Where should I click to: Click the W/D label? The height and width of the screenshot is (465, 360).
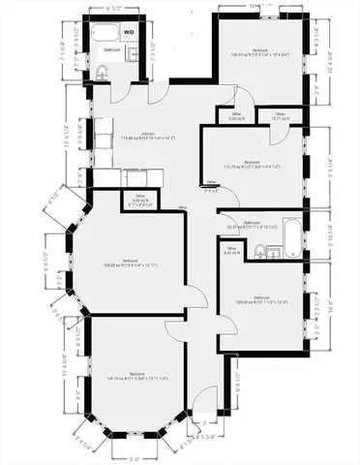pos(129,30)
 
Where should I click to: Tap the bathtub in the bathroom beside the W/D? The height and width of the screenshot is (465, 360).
pos(104,32)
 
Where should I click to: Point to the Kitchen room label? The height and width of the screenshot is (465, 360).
pos(148,136)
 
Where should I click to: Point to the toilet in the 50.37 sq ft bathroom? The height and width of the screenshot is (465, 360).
pos(259,251)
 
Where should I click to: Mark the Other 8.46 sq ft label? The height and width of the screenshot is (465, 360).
pos(231,250)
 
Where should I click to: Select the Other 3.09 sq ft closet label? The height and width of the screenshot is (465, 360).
pos(140,199)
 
